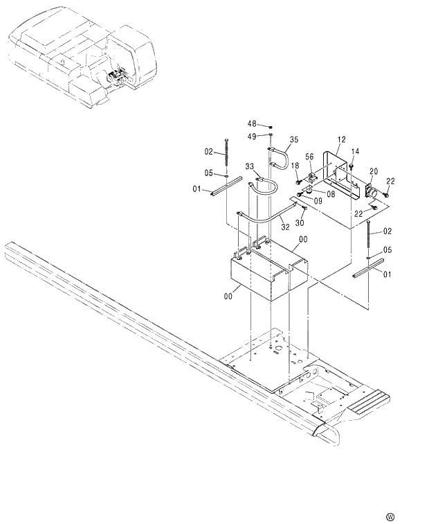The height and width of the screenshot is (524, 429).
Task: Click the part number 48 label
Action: pyautogui.click(x=252, y=124)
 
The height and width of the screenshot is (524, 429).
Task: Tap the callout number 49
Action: pyautogui.click(x=252, y=136)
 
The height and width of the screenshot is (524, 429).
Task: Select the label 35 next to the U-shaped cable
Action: pyautogui.click(x=294, y=139)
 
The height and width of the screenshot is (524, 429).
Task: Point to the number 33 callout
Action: pyautogui.click(x=249, y=166)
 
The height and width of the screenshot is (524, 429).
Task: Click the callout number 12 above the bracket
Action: pyautogui.click(x=340, y=139)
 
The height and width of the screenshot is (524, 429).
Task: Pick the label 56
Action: pyautogui.click(x=310, y=157)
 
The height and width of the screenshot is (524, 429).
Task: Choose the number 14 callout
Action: pyautogui.click(x=355, y=151)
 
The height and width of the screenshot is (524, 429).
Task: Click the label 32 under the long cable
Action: pyautogui.click(x=284, y=226)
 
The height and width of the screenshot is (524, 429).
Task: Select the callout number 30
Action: pyautogui.click(x=300, y=222)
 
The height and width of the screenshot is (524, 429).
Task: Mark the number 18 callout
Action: pyautogui.click(x=295, y=166)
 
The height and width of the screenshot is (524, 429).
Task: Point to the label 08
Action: pyautogui.click(x=331, y=195)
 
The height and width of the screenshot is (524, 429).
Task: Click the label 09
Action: pyautogui.click(x=318, y=201)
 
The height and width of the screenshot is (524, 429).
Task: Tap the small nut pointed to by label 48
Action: pyautogui.click(x=271, y=127)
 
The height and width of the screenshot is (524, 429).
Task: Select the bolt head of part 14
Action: pyautogui.click(x=352, y=165)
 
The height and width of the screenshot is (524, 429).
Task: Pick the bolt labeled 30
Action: pyautogui.click(x=303, y=209)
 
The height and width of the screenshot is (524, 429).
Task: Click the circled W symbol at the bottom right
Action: pyautogui.click(x=390, y=516)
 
